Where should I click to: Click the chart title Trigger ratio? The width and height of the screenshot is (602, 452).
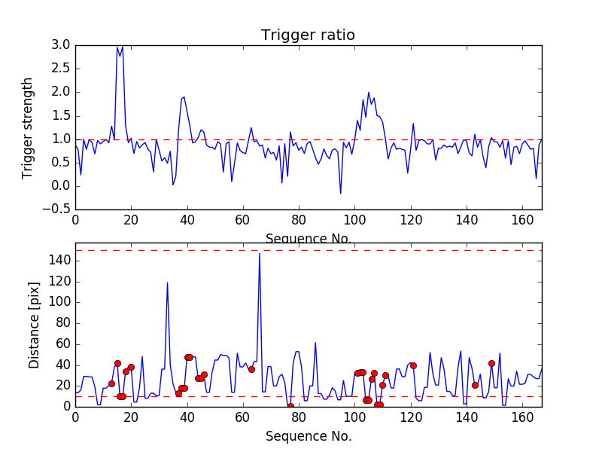point(308,35)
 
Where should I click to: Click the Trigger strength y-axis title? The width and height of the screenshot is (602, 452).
point(28,127)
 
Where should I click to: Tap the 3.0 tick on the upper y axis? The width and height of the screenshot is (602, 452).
point(61,45)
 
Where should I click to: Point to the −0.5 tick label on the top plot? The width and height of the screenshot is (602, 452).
point(57,209)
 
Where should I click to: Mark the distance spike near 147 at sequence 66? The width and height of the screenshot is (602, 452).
point(260,254)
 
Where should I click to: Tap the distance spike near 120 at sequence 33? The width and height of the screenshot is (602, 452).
point(167,282)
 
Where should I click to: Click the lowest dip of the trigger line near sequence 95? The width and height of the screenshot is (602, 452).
point(340,194)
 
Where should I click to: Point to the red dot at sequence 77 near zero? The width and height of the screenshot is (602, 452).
point(290,406)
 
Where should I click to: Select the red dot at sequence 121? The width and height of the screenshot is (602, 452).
point(413,365)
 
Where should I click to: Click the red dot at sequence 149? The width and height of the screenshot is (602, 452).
point(491,363)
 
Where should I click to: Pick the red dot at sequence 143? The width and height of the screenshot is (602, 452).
point(475,385)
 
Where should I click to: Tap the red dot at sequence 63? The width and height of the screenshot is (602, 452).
point(251,369)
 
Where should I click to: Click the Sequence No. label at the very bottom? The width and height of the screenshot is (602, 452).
point(308,436)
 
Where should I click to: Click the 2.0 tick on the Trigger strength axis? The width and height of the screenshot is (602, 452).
point(61,92)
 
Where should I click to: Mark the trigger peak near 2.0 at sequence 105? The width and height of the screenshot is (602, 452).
point(369,93)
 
